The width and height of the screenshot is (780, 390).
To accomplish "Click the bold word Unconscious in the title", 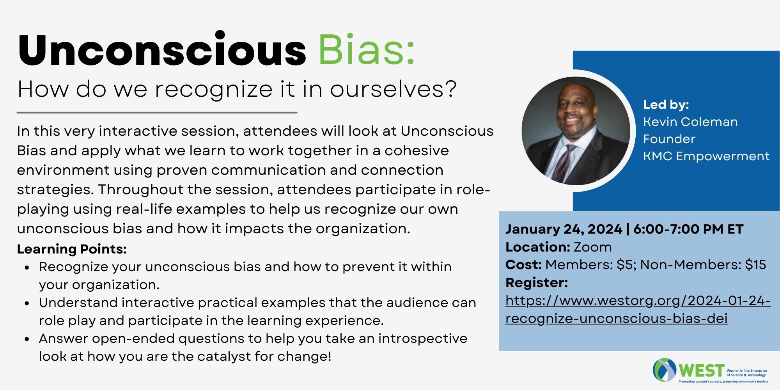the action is [162, 49].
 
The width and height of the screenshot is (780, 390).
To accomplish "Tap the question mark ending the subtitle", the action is [450, 89].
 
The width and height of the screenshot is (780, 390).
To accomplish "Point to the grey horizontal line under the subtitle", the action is [157, 113].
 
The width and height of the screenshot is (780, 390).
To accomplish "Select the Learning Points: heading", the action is [72, 249].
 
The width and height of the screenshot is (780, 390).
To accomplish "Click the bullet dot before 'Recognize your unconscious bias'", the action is [27, 268].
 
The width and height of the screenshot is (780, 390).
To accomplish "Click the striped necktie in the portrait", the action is [565, 162].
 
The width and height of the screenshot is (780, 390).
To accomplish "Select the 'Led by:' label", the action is [666, 105].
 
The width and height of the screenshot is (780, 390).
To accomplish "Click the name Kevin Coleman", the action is [690, 122].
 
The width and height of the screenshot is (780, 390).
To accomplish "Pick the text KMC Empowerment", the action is [706, 156].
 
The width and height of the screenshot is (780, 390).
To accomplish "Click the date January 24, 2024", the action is [564, 229].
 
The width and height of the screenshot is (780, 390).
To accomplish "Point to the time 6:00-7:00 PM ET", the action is [688, 229].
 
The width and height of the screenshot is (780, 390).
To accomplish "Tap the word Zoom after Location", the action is [592, 247].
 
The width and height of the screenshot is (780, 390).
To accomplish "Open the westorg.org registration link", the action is [638, 310].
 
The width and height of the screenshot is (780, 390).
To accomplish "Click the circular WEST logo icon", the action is [665, 370].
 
